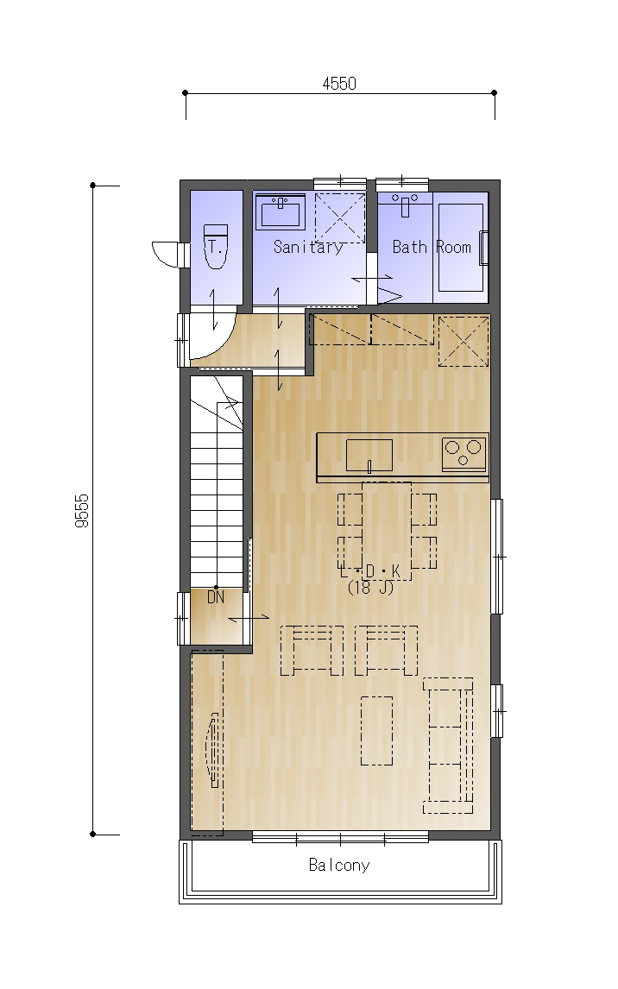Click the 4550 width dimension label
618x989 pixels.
click(x=339, y=83)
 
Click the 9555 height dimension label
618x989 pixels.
click(x=83, y=511)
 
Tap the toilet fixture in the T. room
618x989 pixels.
click(x=215, y=246)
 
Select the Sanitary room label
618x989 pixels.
click(x=308, y=247)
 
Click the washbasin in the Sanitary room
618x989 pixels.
click(x=281, y=211)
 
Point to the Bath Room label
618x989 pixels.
click(x=432, y=247)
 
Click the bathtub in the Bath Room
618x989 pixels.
click(x=461, y=247)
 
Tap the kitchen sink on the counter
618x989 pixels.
click(x=369, y=456)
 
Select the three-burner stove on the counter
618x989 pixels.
click(x=464, y=453)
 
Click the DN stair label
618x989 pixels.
click(x=216, y=596)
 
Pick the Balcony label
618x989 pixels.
click(x=339, y=865)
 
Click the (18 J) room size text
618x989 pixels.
click(x=371, y=588)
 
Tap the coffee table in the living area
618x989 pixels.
click(x=376, y=730)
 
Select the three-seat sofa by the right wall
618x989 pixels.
click(x=448, y=746)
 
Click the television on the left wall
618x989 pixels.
click(x=214, y=750)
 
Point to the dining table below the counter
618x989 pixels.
click(x=387, y=531)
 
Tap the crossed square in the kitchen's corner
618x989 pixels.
click(x=463, y=341)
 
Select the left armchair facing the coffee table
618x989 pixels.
click(x=312, y=651)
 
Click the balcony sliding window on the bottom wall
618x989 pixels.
click(x=341, y=838)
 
